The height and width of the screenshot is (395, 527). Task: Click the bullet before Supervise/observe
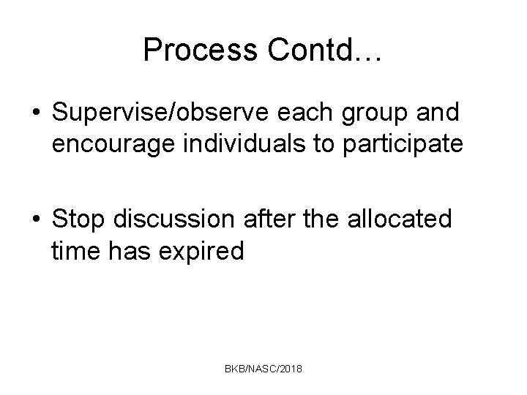(36, 114)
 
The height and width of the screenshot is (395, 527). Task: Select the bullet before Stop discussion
(36, 219)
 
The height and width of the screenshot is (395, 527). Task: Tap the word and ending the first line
(439, 114)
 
